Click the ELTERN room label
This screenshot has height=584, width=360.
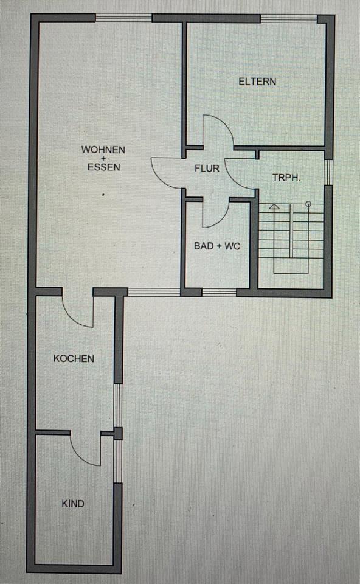click(257, 81)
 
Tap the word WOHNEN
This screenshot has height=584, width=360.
click(103, 150)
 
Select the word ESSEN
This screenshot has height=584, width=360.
click(104, 167)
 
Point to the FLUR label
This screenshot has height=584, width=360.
click(207, 169)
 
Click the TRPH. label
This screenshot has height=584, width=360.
click(286, 178)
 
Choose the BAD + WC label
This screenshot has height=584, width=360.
click(217, 246)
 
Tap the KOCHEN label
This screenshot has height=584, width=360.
click(74, 359)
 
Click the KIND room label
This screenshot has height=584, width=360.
click(73, 504)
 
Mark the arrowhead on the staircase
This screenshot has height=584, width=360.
click(274, 206)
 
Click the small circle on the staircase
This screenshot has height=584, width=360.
click(308, 204)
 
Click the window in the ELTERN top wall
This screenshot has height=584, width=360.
click(288, 18)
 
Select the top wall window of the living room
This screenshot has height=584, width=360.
click(123, 18)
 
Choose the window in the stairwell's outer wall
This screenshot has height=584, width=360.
click(328, 172)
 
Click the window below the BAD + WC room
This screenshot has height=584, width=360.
click(220, 293)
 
